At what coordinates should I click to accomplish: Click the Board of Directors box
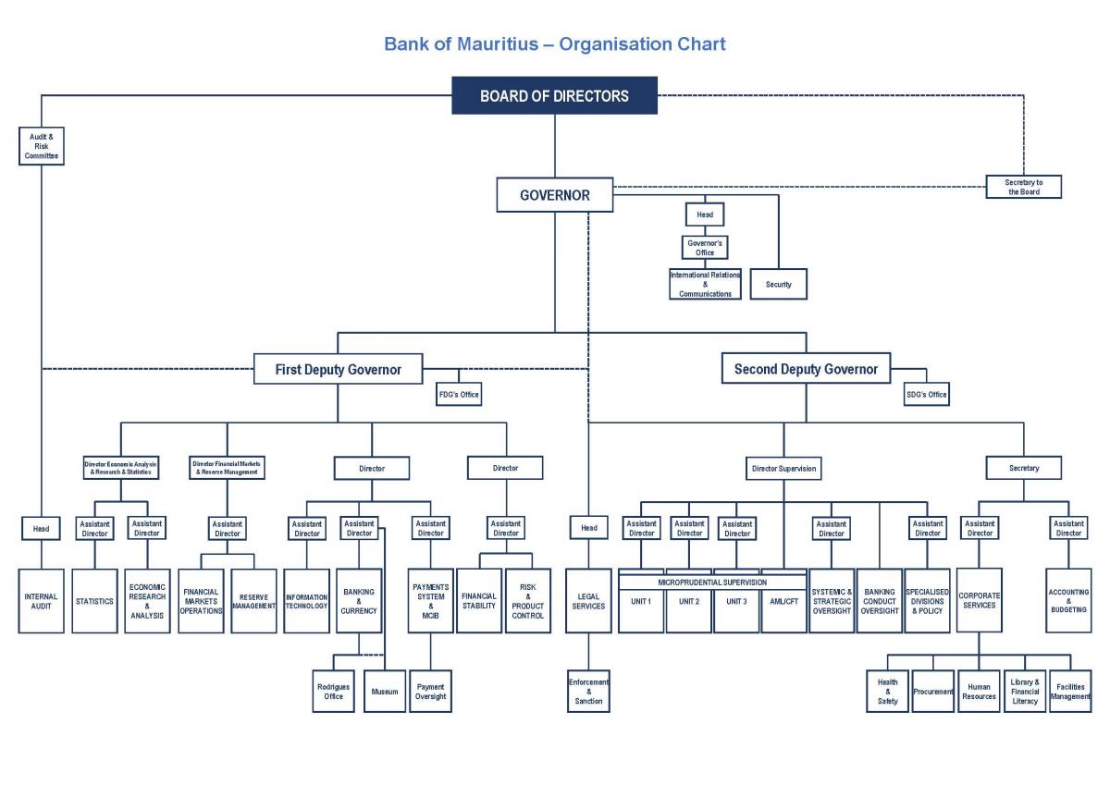554,96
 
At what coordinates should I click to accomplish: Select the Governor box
554,195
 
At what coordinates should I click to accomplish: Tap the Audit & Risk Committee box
42,146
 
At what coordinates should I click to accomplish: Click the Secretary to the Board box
1023,187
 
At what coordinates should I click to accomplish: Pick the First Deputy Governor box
339,370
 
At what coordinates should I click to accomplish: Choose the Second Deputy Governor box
806,369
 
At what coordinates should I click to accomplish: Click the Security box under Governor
778,284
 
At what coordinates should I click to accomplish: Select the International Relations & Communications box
705,284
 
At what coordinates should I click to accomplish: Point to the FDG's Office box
459,395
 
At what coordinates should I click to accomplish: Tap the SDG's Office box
926,395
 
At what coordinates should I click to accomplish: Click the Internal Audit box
42,601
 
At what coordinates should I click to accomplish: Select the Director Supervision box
783,468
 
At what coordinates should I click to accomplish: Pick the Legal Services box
588,601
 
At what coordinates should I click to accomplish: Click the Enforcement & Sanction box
588,692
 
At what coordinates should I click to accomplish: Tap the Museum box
385,692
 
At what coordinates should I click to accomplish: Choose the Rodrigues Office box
333,692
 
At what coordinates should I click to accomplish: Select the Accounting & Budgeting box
1068,601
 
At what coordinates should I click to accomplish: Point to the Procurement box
932,692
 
